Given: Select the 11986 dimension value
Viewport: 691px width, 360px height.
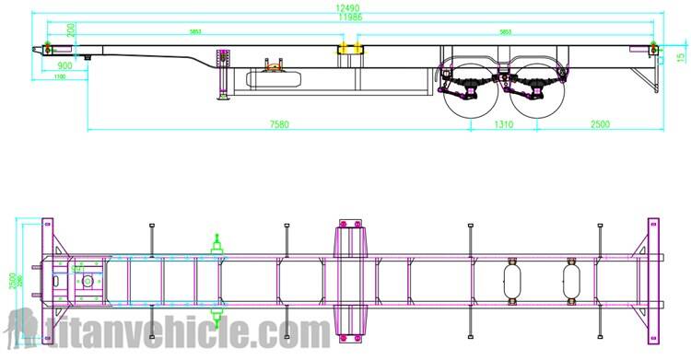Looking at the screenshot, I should (348, 17).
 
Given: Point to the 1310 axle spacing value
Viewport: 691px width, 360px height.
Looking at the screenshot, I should (503, 123).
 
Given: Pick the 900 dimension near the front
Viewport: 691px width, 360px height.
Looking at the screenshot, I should (65, 65).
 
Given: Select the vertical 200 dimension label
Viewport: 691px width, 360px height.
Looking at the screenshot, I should (72, 29).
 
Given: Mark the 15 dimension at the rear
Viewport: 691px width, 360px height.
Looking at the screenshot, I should (680, 56).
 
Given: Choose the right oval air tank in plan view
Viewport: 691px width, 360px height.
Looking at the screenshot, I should (572, 280).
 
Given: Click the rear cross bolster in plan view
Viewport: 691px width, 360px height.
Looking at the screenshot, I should (653, 280).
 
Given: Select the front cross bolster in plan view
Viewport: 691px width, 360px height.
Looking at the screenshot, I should (48, 280).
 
